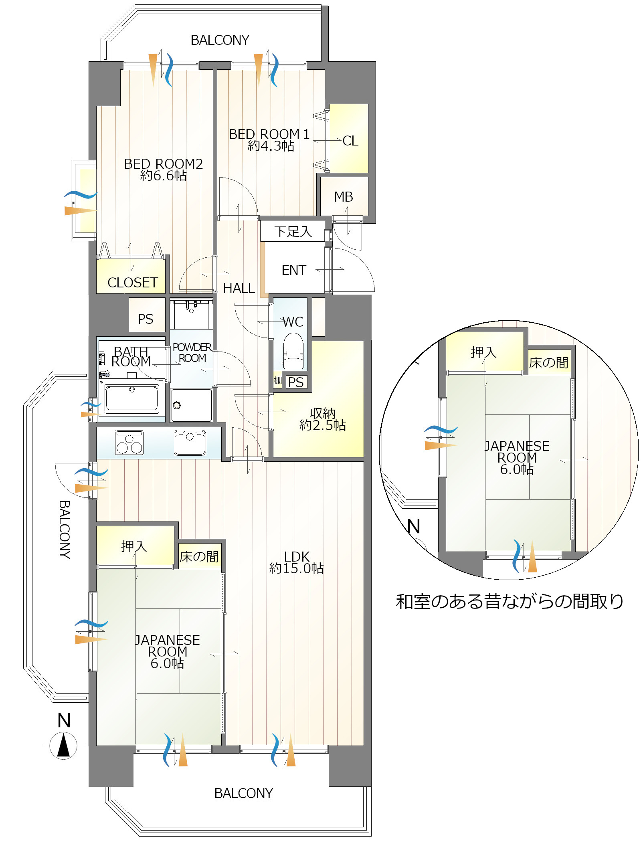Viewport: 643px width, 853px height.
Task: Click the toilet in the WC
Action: [293, 351]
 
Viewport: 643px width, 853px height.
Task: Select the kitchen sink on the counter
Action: [190, 442]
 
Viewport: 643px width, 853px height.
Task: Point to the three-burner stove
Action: [129, 442]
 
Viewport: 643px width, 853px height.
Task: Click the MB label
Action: [344, 197]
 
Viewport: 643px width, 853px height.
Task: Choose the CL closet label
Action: [350, 141]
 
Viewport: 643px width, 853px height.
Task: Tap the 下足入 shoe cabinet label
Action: [293, 231]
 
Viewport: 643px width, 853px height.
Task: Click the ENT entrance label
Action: [294, 270]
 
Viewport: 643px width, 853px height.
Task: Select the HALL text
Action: [239, 288]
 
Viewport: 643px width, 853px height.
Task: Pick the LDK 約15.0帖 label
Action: [297, 562]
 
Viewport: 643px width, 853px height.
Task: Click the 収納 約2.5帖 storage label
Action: [323, 419]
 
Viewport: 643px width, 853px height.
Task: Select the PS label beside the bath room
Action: [146, 319]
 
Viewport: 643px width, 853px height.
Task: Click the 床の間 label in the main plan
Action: [199, 557]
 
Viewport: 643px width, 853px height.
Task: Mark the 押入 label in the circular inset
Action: [483, 352]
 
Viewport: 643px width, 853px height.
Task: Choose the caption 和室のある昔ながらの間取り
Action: [510, 601]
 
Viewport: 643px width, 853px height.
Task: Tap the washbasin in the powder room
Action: [191, 315]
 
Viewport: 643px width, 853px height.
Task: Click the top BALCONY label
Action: [220, 40]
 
